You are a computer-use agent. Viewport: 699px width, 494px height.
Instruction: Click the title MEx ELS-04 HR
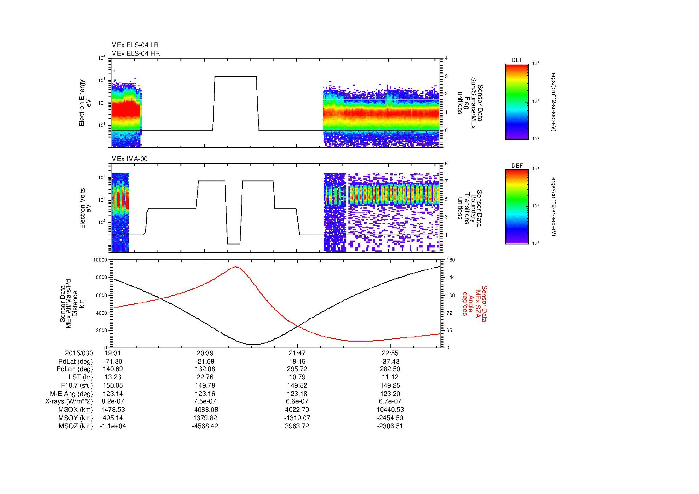(x=135, y=53)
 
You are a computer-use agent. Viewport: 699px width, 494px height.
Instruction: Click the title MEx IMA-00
(x=129, y=159)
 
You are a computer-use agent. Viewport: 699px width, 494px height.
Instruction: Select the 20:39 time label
(x=205, y=353)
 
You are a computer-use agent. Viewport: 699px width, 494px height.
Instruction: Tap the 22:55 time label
(x=390, y=353)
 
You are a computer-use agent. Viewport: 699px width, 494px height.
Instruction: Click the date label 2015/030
(x=79, y=353)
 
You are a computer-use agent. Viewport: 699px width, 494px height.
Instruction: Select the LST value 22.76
(x=205, y=377)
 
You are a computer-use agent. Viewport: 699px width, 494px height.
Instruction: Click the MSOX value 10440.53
(x=390, y=410)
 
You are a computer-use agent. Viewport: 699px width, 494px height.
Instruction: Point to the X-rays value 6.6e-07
(x=297, y=401)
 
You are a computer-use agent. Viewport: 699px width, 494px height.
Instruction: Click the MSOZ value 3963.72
(x=297, y=426)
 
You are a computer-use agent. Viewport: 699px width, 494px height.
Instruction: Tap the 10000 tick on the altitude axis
(x=100, y=260)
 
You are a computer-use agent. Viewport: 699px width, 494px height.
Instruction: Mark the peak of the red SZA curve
(x=236, y=267)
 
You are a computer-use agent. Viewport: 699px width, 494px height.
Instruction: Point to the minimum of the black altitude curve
(x=254, y=345)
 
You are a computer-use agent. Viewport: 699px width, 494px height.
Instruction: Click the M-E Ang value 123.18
(x=297, y=394)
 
